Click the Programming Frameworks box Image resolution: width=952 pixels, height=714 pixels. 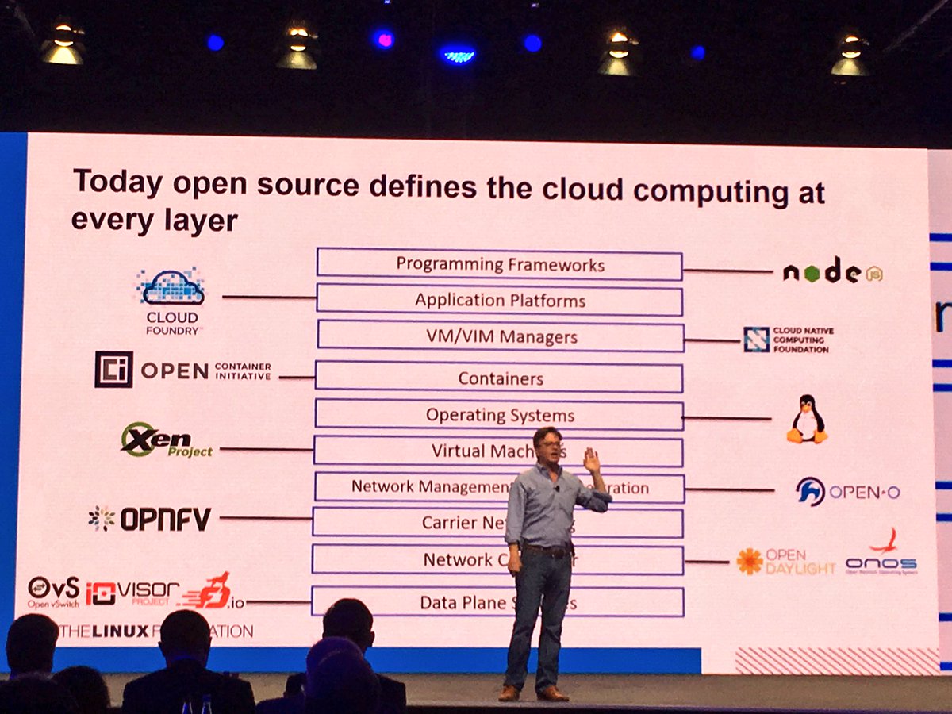499,264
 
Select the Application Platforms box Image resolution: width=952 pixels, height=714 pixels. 499,301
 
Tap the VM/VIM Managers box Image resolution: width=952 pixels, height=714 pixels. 500,336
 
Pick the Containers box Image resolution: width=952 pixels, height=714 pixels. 500,378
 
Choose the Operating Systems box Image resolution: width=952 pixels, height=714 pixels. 499,415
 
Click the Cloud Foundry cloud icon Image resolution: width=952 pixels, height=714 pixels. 171,288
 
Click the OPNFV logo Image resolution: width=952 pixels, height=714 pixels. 150,519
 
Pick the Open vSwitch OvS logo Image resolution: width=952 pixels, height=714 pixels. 54,592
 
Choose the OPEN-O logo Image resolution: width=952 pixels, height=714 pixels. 847,492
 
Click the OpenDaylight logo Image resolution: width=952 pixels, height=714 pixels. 785,561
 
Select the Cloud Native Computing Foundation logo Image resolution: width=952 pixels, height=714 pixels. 789,340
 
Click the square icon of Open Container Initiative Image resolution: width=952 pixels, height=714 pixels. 113,370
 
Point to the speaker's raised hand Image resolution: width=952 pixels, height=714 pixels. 591,459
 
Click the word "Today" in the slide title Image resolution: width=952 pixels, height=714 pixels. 117,183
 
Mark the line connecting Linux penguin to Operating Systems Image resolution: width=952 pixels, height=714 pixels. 726,418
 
